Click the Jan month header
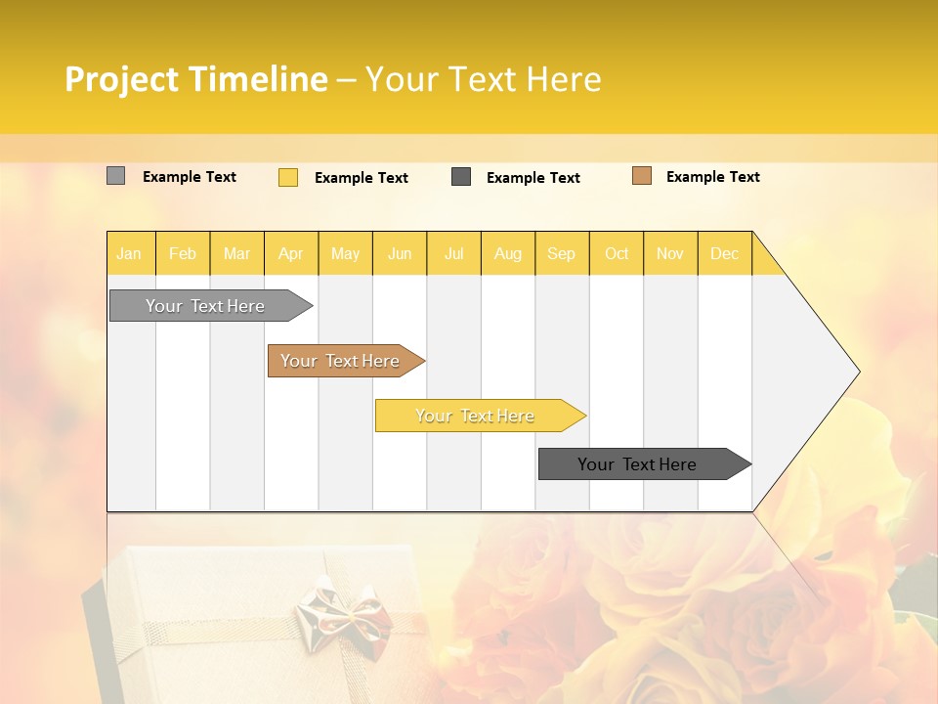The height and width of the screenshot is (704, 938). (x=129, y=253)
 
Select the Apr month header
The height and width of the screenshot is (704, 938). (x=291, y=253)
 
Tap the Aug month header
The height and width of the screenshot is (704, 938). (x=507, y=253)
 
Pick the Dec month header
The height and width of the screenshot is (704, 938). (x=724, y=253)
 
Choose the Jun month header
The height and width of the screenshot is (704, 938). (x=400, y=253)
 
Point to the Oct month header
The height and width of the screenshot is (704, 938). (x=617, y=253)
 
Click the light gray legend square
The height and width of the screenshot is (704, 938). (x=115, y=176)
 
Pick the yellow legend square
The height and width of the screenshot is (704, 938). (x=288, y=177)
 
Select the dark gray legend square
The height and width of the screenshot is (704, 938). (x=461, y=177)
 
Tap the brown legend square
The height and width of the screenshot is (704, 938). (x=642, y=176)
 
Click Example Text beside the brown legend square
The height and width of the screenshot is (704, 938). (x=712, y=177)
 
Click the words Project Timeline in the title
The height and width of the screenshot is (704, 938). (x=195, y=79)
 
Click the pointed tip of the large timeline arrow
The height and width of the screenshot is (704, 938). (x=857, y=372)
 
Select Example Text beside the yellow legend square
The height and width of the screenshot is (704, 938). (x=361, y=178)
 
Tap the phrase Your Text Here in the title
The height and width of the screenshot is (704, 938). (x=483, y=79)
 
